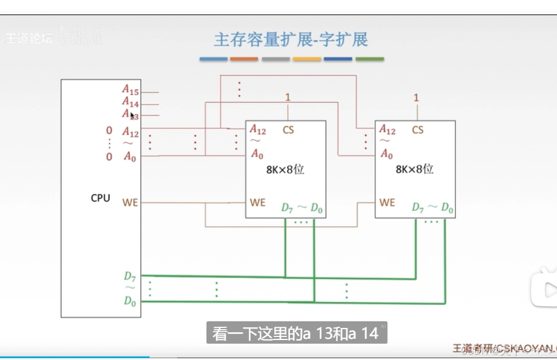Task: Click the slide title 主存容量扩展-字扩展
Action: (291, 40)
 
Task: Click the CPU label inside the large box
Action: (101, 198)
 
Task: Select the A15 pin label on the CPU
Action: (130, 90)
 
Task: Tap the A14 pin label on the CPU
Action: (130, 102)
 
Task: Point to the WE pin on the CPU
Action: (130, 202)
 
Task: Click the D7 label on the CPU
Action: (130, 277)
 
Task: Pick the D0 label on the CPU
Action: (130, 300)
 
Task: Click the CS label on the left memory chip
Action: (288, 130)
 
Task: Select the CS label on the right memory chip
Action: (417, 130)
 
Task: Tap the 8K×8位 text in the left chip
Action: (285, 169)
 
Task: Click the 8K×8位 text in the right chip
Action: (415, 169)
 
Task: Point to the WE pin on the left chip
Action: (258, 202)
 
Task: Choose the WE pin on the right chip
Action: (387, 202)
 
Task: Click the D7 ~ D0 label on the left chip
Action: (302, 208)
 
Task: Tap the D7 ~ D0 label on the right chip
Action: (432, 208)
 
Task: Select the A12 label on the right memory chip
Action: (387, 130)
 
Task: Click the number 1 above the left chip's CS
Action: (288, 97)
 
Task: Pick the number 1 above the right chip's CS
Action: (416, 97)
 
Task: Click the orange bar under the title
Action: (244, 59)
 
